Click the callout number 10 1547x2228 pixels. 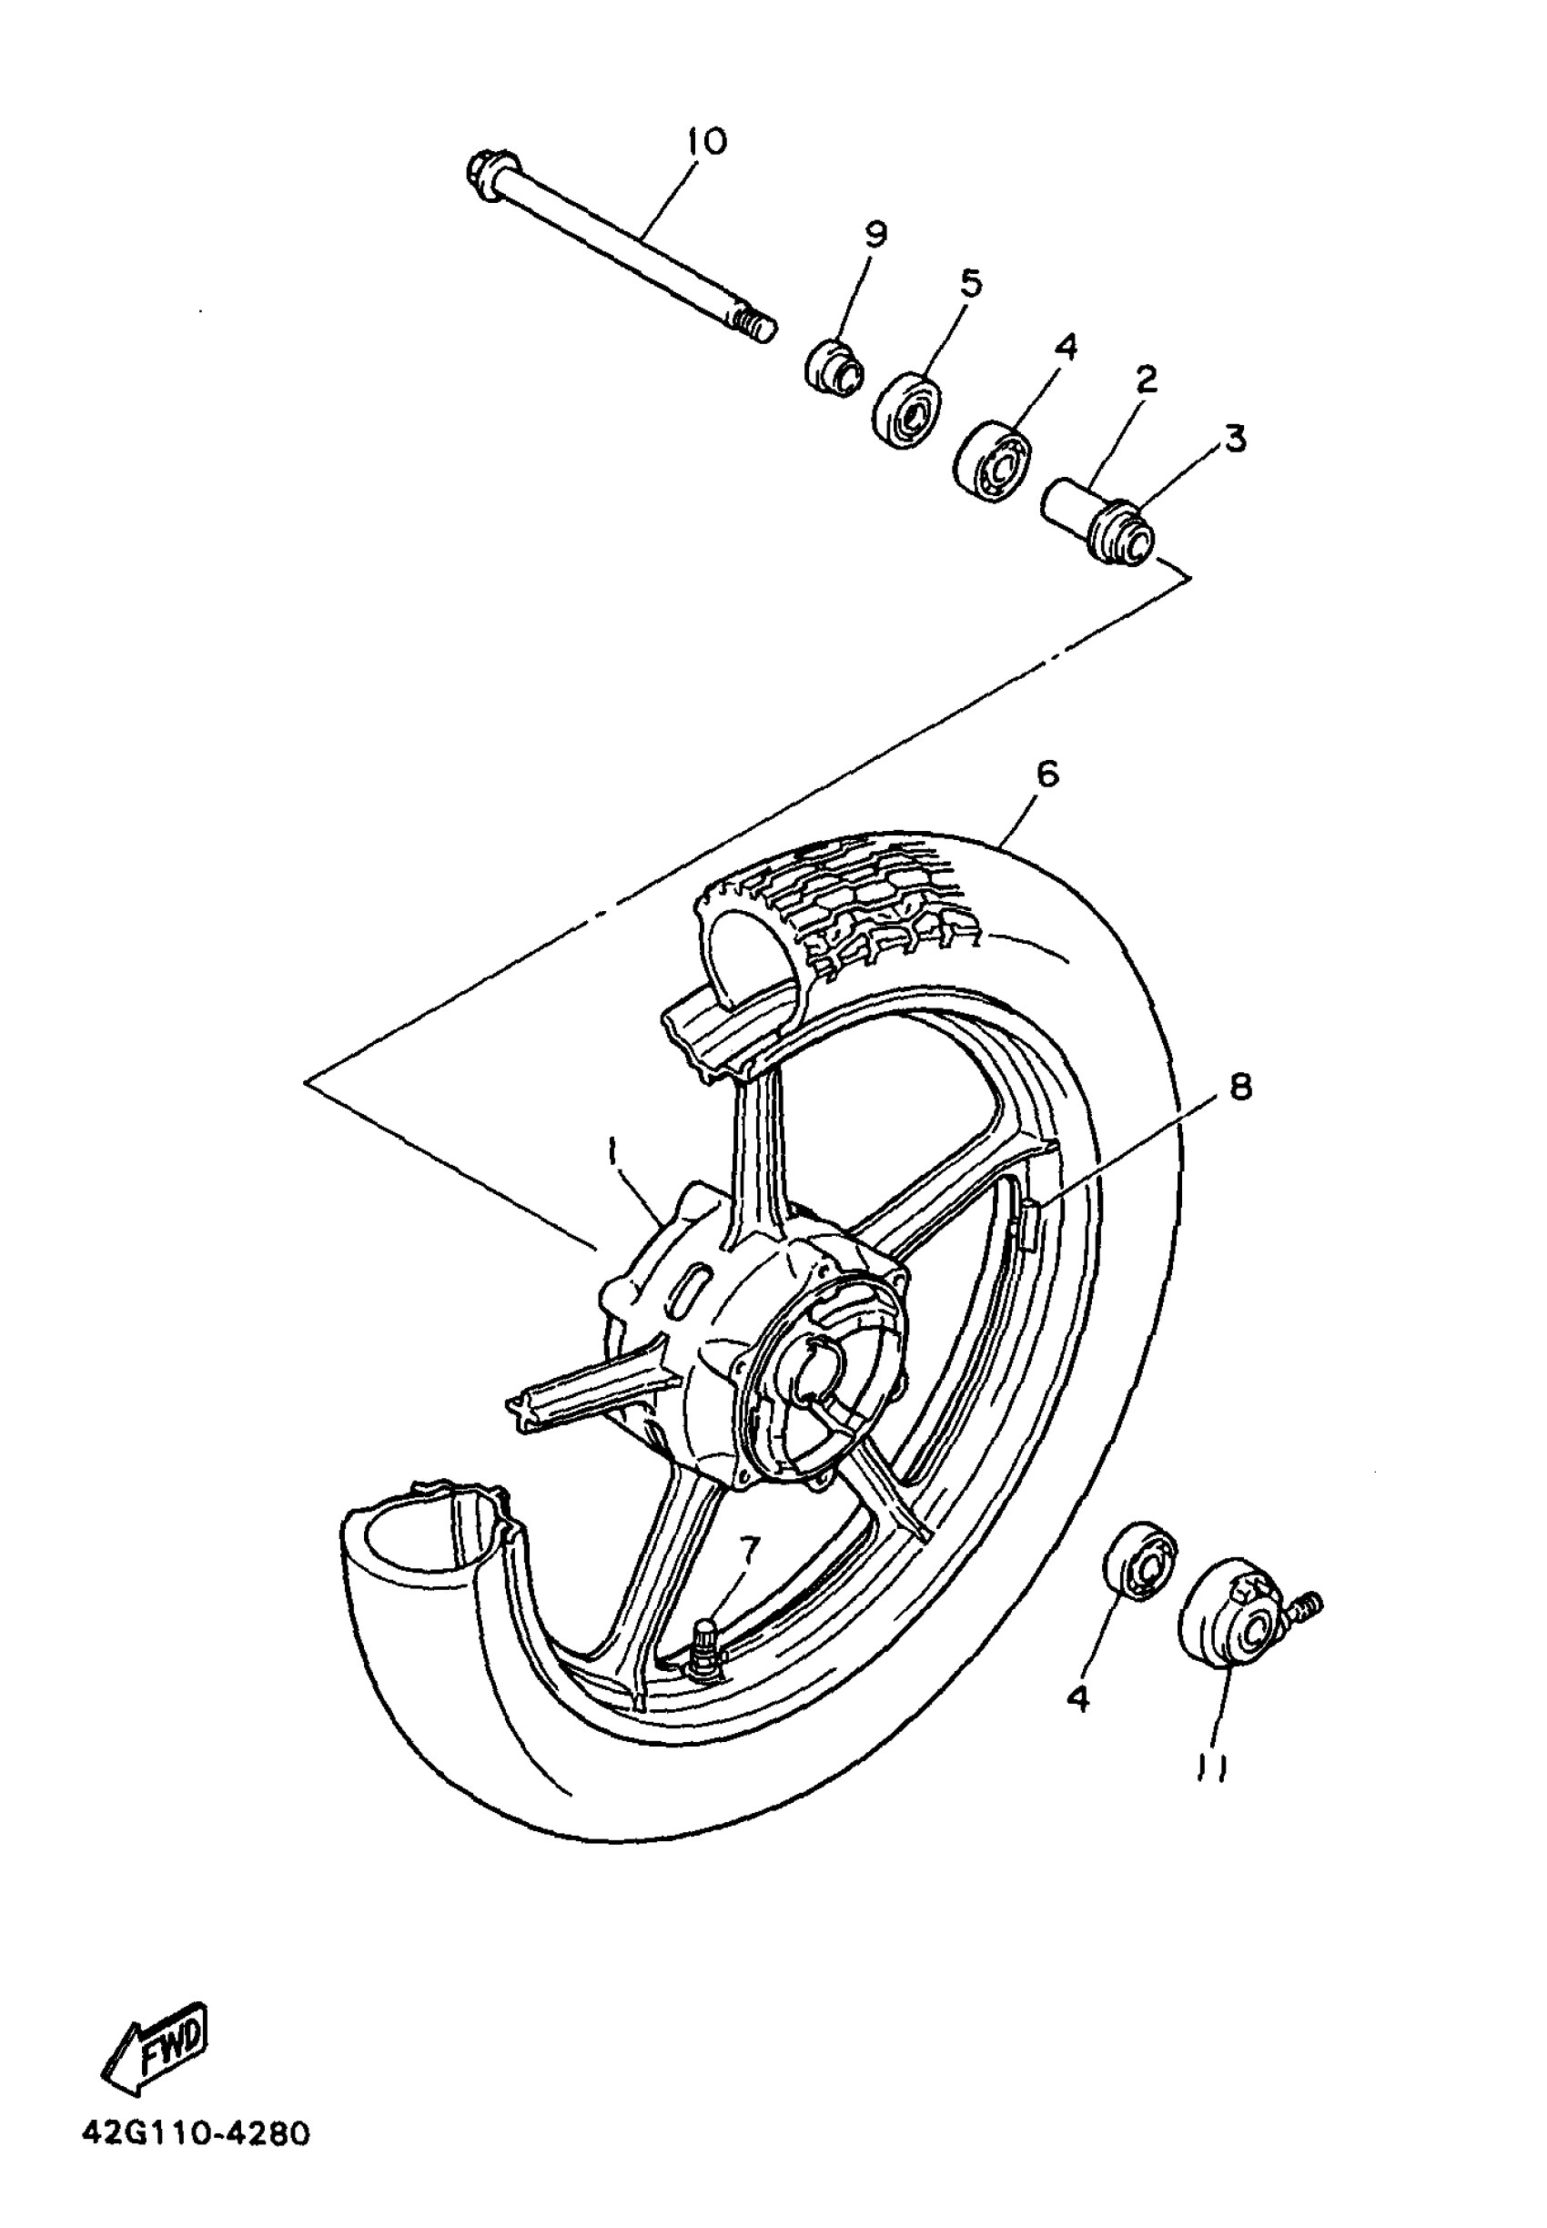click(x=707, y=142)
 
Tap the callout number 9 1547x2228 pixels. click(x=875, y=235)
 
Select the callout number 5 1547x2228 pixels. click(x=970, y=283)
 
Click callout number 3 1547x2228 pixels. click(x=1234, y=439)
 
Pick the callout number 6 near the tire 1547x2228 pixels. click(x=1046, y=774)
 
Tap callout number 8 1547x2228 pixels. click(x=1239, y=1087)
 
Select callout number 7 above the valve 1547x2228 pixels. click(x=746, y=1551)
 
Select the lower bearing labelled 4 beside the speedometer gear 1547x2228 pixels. click(x=1140, y=1560)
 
